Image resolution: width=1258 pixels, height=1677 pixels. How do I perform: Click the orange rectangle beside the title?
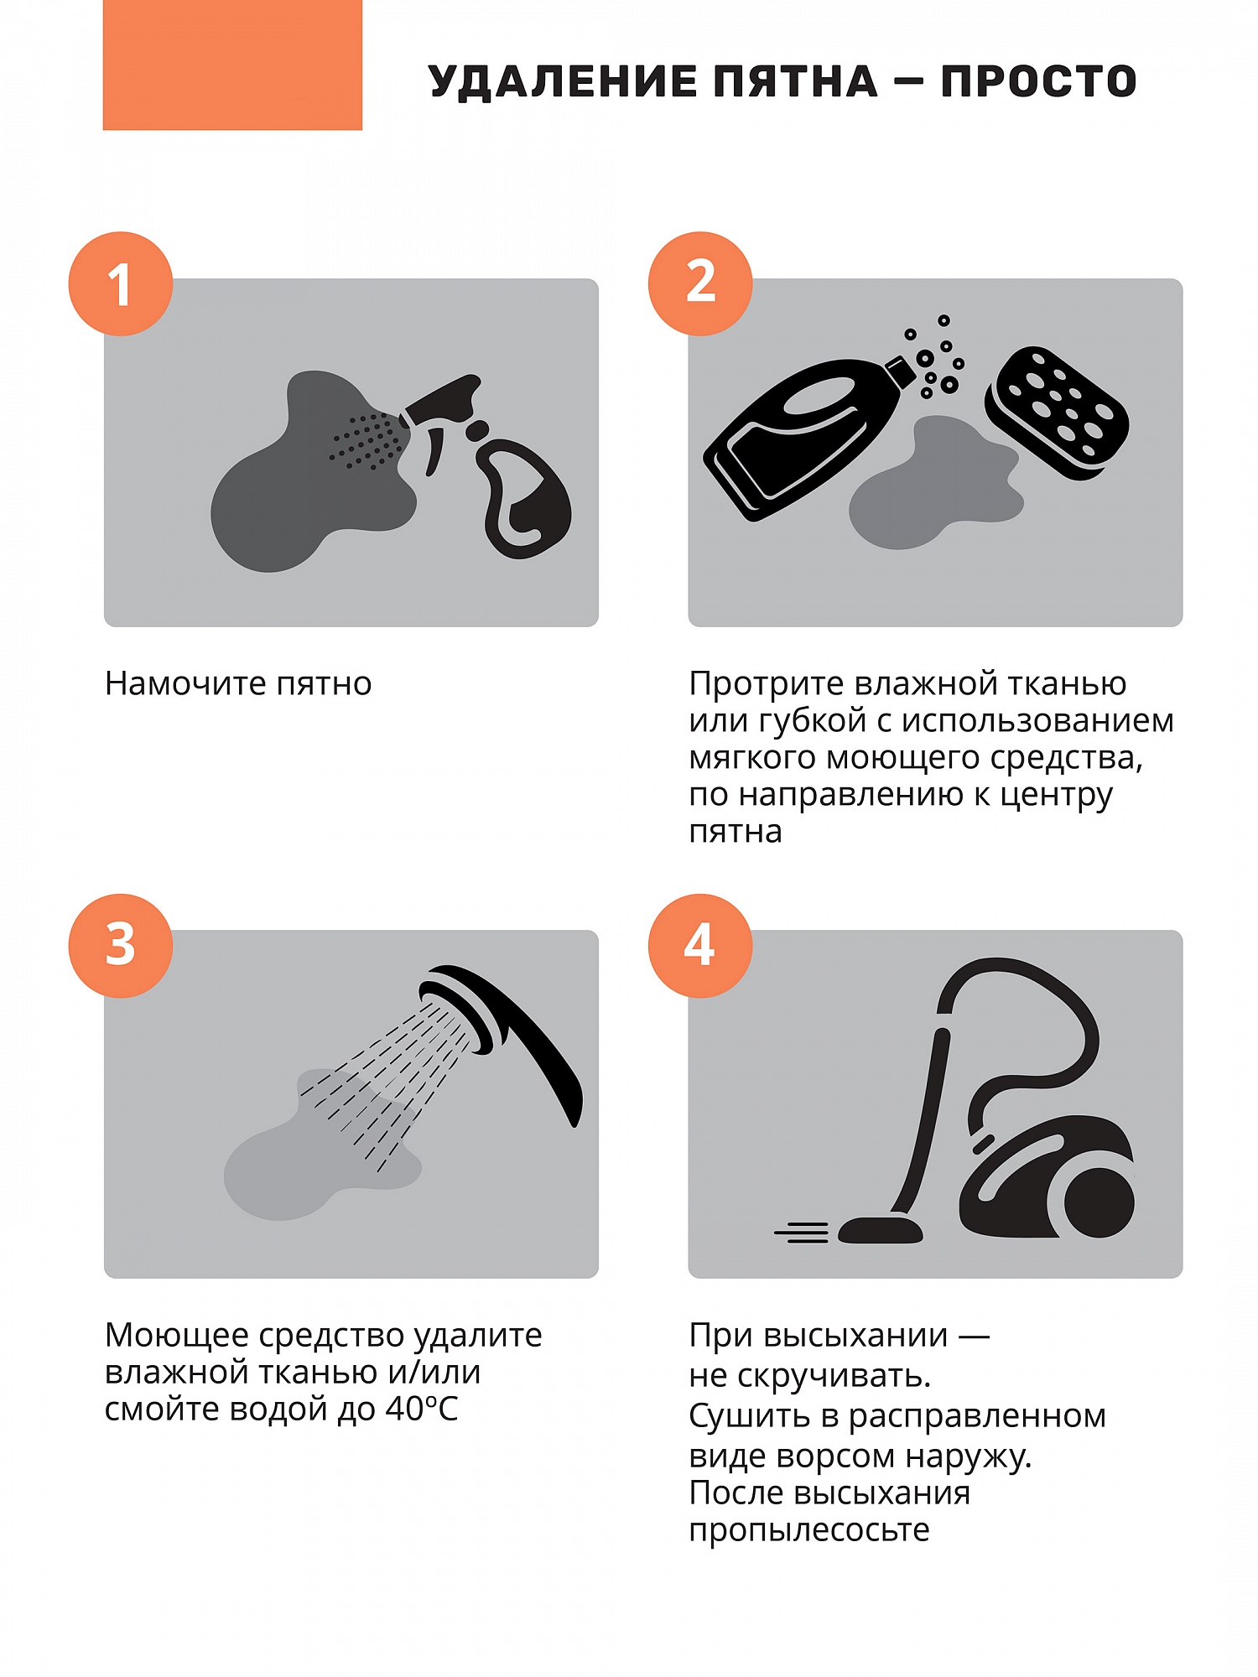pos(232,65)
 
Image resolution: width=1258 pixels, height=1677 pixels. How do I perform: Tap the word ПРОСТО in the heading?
pos(1038,82)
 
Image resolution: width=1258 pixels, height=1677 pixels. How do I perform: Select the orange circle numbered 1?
pos(121,284)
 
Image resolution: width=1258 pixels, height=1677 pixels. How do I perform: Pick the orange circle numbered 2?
pos(700,284)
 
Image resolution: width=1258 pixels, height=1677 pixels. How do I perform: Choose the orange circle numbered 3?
pos(121,946)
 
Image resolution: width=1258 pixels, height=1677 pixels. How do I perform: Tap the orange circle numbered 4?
pos(700,946)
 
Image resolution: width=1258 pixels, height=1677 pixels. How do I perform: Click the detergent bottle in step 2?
pos(809,436)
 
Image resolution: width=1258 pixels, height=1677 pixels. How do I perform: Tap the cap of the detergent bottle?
pos(900,371)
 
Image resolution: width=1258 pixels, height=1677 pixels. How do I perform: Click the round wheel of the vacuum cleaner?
pos(1099,1202)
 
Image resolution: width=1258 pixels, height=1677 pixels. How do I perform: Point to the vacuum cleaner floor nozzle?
pos(880,1230)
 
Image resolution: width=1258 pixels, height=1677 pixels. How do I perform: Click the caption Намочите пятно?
pos(238,684)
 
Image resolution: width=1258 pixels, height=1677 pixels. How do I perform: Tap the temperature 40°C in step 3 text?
pos(422,1410)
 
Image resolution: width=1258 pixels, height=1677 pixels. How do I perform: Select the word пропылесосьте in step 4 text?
pos(809,1530)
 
